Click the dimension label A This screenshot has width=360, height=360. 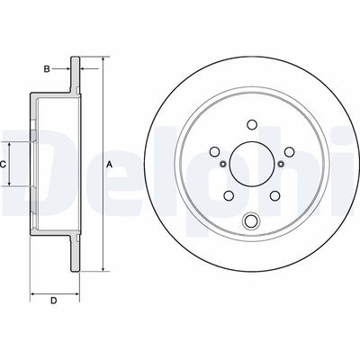tap(110, 165)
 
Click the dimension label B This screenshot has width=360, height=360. tap(47, 67)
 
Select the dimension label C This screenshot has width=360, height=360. tap(4, 165)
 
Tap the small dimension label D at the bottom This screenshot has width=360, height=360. tap(54, 300)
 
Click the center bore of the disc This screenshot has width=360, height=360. tap(250, 165)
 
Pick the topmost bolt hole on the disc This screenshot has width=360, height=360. tap(250, 125)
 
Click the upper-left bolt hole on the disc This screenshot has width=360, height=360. tap(214, 152)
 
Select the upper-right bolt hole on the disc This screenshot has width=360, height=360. tap(287, 152)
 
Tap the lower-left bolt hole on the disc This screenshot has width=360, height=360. tap(228, 196)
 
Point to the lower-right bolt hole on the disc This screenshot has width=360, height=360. tap(274, 196)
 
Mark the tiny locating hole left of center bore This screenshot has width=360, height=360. tap(221, 165)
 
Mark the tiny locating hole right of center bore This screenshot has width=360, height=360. tap(280, 165)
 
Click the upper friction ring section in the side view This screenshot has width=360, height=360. tap(75, 76)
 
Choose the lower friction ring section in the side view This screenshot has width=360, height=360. tap(75, 254)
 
